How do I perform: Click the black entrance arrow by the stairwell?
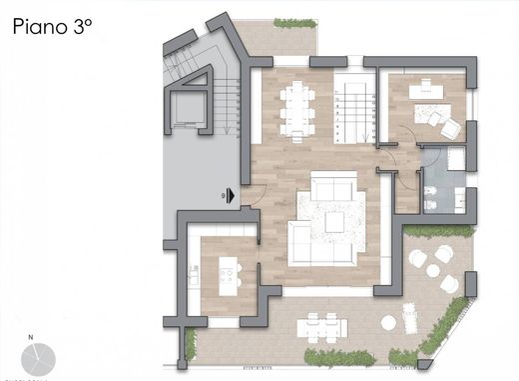click(x=231, y=196)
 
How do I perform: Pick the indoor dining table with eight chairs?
click(x=296, y=108)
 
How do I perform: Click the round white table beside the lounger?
click(x=389, y=323)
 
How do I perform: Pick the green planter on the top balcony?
click(x=294, y=23)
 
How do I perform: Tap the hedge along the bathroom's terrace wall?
click(x=439, y=231)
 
